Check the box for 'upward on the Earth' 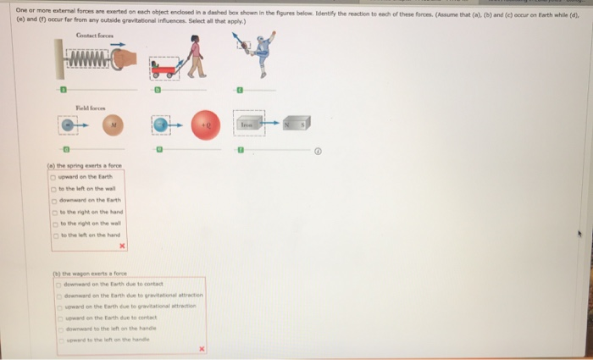click(x=53, y=176)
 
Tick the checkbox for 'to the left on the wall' click(x=53, y=187)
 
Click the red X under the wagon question click(x=202, y=348)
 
